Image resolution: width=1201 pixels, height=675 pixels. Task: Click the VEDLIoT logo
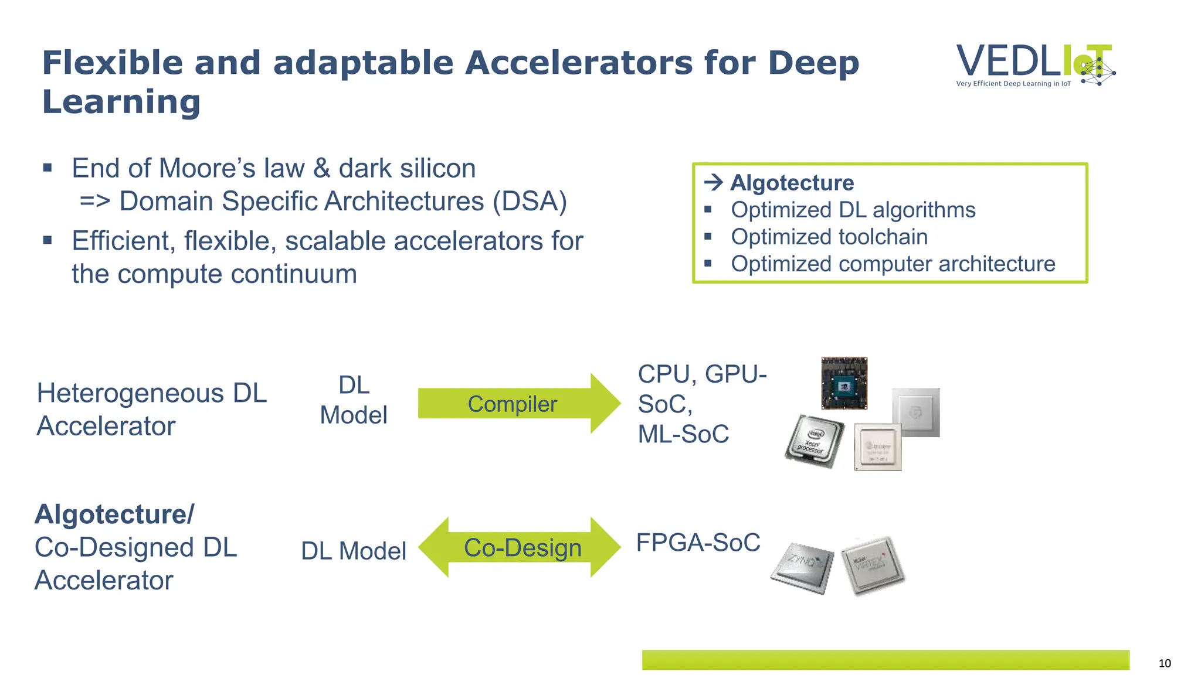[x=1035, y=65]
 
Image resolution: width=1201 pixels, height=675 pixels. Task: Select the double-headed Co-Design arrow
[x=520, y=547]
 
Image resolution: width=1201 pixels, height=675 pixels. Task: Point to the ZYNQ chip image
[x=802, y=566]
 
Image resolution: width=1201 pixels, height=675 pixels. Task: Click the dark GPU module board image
[x=844, y=383]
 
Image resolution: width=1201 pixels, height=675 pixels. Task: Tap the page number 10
[x=1165, y=663]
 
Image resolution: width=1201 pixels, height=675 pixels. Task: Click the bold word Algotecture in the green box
[x=792, y=183]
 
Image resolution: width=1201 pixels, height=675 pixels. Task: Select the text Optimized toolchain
[x=829, y=237]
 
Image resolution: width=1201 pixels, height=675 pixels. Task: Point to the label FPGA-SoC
[x=698, y=543]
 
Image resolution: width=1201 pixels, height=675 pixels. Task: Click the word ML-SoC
[x=683, y=434]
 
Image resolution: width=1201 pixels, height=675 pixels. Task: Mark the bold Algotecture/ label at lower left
[x=114, y=514]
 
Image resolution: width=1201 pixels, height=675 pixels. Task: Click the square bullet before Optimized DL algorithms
[x=708, y=210]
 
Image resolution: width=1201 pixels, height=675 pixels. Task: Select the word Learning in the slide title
[x=121, y=102]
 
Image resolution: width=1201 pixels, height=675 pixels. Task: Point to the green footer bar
[x=886, y=660]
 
